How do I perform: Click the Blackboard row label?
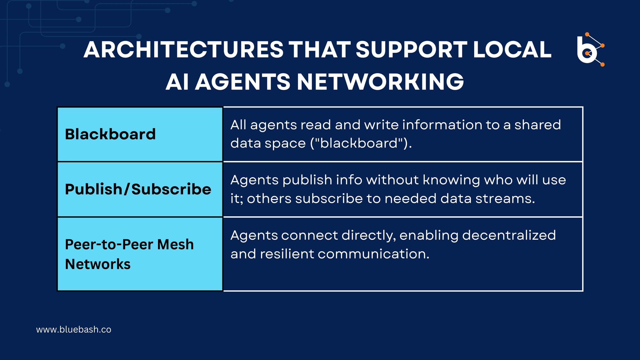110,134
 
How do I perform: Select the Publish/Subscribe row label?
138,189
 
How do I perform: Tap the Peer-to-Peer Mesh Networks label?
129,254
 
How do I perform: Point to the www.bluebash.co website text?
74,330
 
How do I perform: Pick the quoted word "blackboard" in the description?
361,143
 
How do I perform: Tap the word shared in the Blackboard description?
538,124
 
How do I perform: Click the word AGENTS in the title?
243,82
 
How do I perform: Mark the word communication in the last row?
373,254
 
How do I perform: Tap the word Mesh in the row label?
175,244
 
